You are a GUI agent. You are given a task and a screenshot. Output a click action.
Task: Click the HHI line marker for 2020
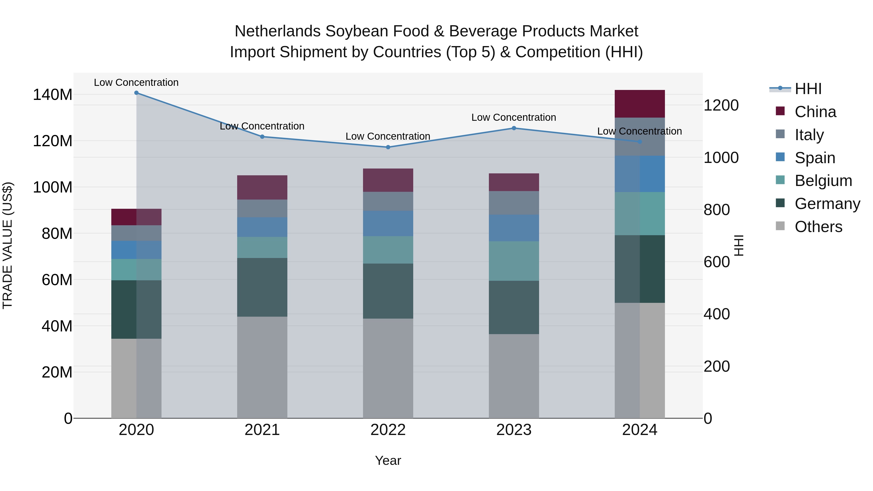pyautogui.click(x=136, y=93)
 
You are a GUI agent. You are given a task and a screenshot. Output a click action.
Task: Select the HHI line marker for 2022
pyautogui.click(x=388, y=147)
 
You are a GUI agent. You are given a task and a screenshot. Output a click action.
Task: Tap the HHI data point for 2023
pyautogui.click(x=514, y=128)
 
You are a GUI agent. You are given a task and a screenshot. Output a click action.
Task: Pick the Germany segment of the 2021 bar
pyautogui.click(x=262, y=287)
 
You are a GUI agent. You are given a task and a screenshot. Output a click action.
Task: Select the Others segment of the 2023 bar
pyautogui.click(x=514, y=376)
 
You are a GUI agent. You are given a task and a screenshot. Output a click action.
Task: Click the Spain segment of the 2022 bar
pyautogui.click(x=388, y=224)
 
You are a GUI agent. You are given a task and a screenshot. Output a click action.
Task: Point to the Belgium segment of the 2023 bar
pyautogui.click(x=514, y=261)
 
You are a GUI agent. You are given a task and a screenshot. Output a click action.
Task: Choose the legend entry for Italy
pyautogui.click(x=809, y=135)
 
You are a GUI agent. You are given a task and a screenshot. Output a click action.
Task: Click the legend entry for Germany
pyautogui.click(x=827, y=204)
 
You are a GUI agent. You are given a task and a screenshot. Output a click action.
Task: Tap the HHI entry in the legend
pyautogui.click(x=808, y=89)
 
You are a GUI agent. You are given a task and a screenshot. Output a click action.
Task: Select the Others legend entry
pyautogui.click(x=818, y=227)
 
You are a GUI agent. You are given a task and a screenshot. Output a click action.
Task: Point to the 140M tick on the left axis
pyautogui.click(x=53, y=95)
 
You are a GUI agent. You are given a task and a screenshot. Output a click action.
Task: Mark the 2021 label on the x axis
pyautogui.click(x=262, y=430)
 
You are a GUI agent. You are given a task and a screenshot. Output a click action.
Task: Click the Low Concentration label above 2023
pyautogui.click(x=514, y=117)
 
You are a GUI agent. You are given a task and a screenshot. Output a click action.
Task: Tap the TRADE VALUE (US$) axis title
pyautogui.click(x=8, y=245)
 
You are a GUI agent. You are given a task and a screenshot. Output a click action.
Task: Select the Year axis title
pyautogui.click(x=388, y=460)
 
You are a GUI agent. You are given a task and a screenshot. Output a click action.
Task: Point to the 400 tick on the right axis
pyautogui.click(x=716, y=314)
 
